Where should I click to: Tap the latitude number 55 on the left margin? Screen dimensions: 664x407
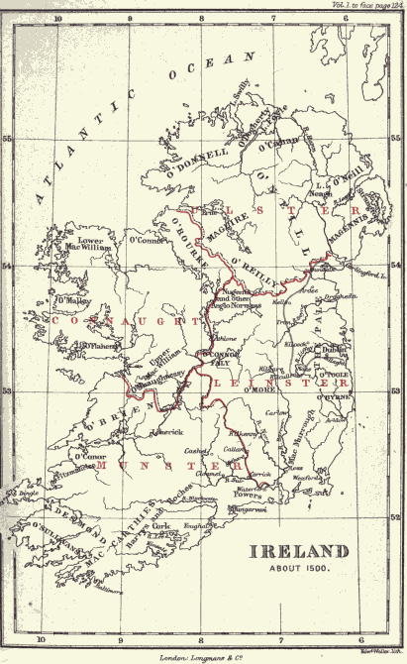[x=8, y=140]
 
